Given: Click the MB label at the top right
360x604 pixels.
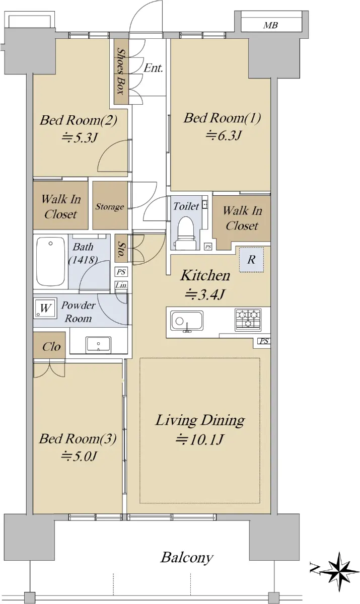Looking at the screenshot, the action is point(270,25).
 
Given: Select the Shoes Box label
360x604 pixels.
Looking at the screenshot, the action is point(120,71).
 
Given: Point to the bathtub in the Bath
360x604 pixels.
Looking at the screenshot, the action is point(50,261).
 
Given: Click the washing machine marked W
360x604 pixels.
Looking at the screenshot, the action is point(45,308).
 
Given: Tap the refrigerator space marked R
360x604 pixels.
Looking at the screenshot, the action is point(251,260).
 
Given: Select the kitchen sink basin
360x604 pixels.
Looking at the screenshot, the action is point(187,321).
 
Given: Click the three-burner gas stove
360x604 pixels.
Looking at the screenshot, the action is point(248,319).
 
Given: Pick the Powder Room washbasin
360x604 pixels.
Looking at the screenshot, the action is point(98,345).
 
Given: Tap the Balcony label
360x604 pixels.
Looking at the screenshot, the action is point(187,557).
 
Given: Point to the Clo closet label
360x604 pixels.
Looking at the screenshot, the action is point(51,346).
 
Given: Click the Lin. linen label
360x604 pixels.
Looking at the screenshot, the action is point(121,285).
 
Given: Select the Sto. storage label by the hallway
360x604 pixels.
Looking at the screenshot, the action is point(121,249).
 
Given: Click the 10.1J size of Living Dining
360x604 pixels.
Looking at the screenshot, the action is point(199,440).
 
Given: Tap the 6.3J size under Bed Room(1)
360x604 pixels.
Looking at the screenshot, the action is point(223,135).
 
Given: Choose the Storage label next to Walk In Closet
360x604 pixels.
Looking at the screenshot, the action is point(110,207).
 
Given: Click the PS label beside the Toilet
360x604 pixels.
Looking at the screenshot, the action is point(207,247).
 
